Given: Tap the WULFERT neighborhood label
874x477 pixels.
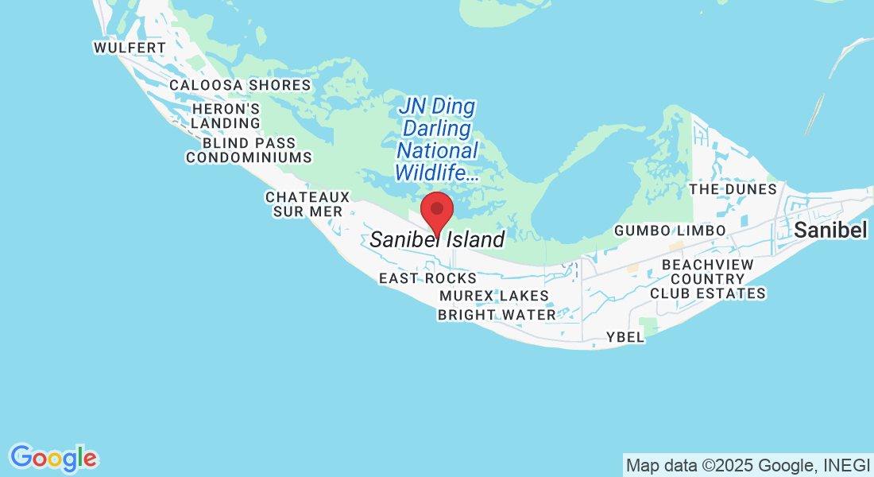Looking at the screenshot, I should click(130, 48).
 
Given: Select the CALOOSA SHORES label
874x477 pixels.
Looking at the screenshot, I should click(240, 85).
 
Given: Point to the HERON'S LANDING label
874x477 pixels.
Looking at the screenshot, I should click(226, 116).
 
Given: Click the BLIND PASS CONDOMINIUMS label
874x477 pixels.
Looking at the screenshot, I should click(249, 150).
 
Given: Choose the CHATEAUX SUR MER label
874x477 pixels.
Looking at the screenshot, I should click(307, 204).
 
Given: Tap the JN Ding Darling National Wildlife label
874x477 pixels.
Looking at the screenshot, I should click(438, 139).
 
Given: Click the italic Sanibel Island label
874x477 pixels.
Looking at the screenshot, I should click(437, 239).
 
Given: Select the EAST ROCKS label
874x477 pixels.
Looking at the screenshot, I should click(427, 278).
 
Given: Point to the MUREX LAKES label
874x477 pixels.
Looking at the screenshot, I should click(494, 297).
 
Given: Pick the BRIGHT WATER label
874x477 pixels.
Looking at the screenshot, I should click(497, 315).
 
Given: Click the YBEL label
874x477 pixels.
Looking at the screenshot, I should click(625, 337).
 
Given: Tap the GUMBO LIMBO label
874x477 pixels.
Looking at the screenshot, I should click(670, 231).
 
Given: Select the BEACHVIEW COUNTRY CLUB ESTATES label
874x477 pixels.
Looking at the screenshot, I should click(707, 279).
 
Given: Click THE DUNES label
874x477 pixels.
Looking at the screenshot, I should click(733, 189).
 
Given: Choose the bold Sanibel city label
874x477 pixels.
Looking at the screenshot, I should click(830, 231).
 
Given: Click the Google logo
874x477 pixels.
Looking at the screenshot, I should click(54, 458).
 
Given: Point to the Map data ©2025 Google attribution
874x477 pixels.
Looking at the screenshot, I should click(748, 465).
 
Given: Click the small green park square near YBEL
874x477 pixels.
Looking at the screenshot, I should click(649, 325).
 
